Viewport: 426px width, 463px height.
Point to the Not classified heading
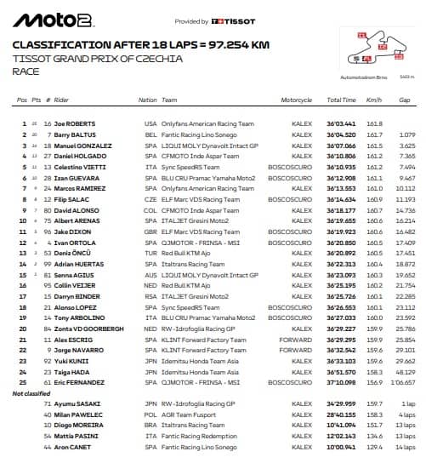click(x=31, y=394)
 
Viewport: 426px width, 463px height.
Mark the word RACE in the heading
click(x=27, y=72)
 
